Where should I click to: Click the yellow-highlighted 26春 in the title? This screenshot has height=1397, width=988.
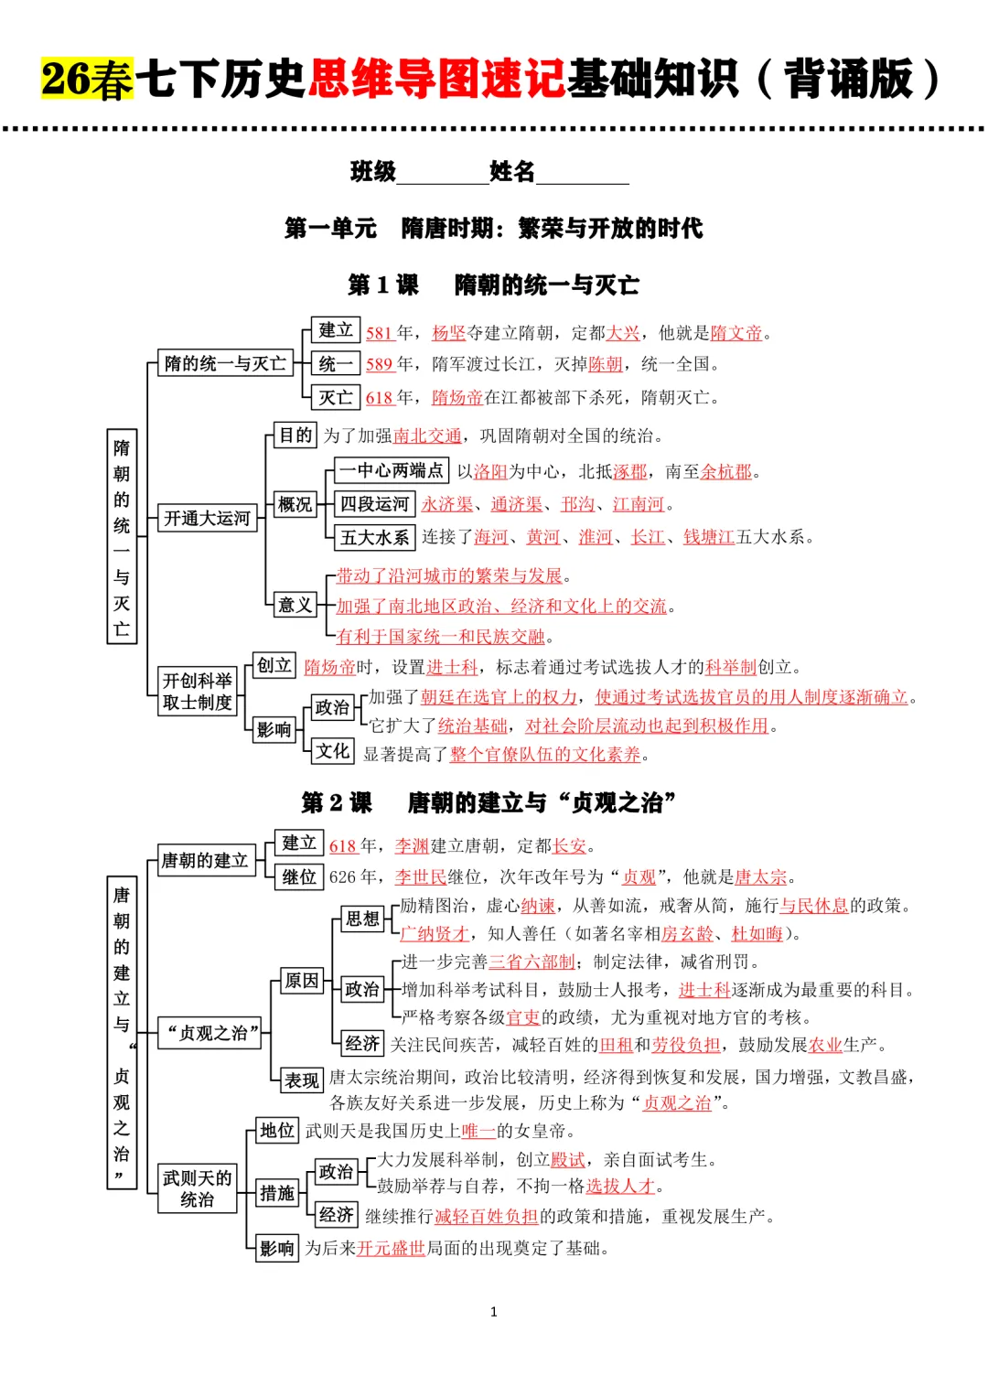pyautogui.click(x=87, y=79)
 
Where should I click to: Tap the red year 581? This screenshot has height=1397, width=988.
pyautogui.click(x=379, y=333)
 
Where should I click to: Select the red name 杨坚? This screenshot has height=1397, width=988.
pyautogui.click(x=448, y=333)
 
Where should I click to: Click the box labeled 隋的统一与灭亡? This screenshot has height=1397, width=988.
pyautogui.click(x=225, y=364)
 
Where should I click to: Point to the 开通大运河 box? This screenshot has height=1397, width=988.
pyautogui.click(x=207, y=519)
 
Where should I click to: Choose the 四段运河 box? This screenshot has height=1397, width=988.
pyautogui.click(x=374, y=504)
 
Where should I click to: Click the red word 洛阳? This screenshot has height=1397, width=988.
pyautogui.click(x=490, y=471)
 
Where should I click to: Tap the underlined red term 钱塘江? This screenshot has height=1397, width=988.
pyautogui.click(x=709, y=537)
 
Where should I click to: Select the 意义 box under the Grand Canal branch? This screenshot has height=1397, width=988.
pyautogui.click(x=295, y=605)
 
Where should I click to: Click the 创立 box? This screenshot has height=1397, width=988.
pyautogui.click(x=274, y=665)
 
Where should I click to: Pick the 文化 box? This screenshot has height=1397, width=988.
pyautogui.click(x=332, y=751)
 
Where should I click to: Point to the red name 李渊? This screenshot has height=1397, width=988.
pyautogui.click(x=412, y=846)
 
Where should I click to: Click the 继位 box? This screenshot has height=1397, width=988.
pyautogui.click(x=299, y=877)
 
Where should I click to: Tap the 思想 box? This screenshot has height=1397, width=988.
pyautogui.click(x=362, y=919)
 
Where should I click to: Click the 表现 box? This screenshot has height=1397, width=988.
pyautogui.click(x=301, y=1080)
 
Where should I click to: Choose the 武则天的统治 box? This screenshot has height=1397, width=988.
pyautogui.click(x=197, y=1188)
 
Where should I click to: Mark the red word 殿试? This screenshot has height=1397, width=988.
pyautogui.click(x=567, y=1160)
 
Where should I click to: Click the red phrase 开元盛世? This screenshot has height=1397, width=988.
pyautogui.click(x=392, y=1248)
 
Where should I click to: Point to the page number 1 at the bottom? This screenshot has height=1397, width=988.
pyautogui.click(x=494, y=1312)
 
